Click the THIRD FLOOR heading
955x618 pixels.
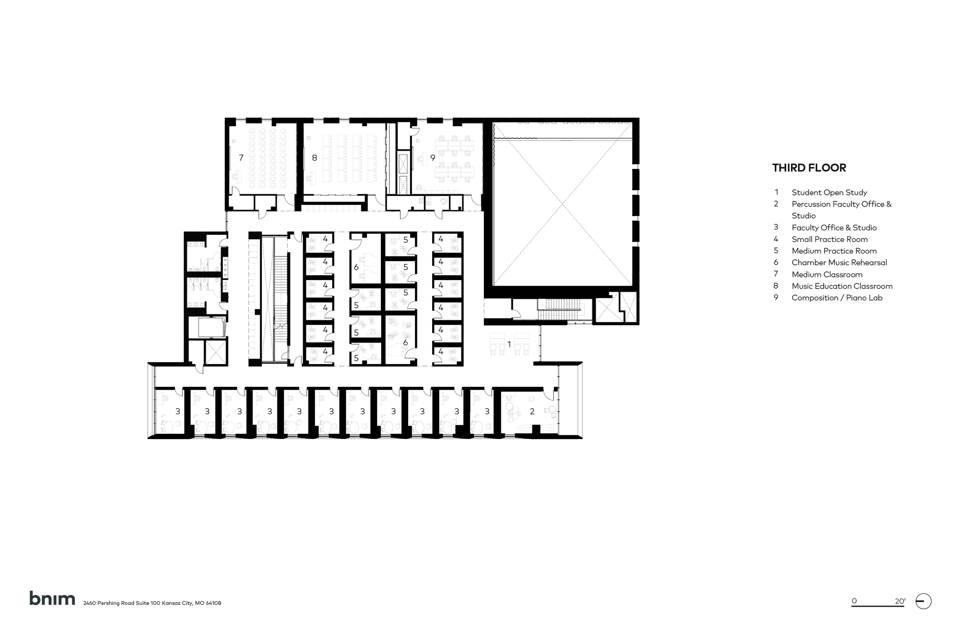click(x=809, y=168)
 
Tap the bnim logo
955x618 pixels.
click(x=52, y=599)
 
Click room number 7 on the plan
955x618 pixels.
click(x=241, y=158)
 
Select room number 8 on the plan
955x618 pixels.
click(x=315, y=158)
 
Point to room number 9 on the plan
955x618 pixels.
click(x=433, y=158)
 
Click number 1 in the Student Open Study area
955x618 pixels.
click(x=509, y=344)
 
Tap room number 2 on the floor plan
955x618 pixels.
click(x=532, y=411)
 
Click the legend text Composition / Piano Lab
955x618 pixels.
click(x=837, y=298)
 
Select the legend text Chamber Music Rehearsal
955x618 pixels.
click(x=839, y=263)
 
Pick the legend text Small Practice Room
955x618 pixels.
click(x=829, y=239)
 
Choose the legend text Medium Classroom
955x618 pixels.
click(x=826, y=275)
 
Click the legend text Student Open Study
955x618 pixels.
click(x=829, y=192)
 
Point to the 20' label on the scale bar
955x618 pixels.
click(x=900, y=601)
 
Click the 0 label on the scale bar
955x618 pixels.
click(x=854, y=601)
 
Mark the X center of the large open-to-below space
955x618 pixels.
click(x=563, y=205)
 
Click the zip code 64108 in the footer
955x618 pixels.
click(x=213, y=603)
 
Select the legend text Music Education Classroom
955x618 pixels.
click(x=842, y=286)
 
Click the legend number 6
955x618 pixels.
click(x=776, y=263)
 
